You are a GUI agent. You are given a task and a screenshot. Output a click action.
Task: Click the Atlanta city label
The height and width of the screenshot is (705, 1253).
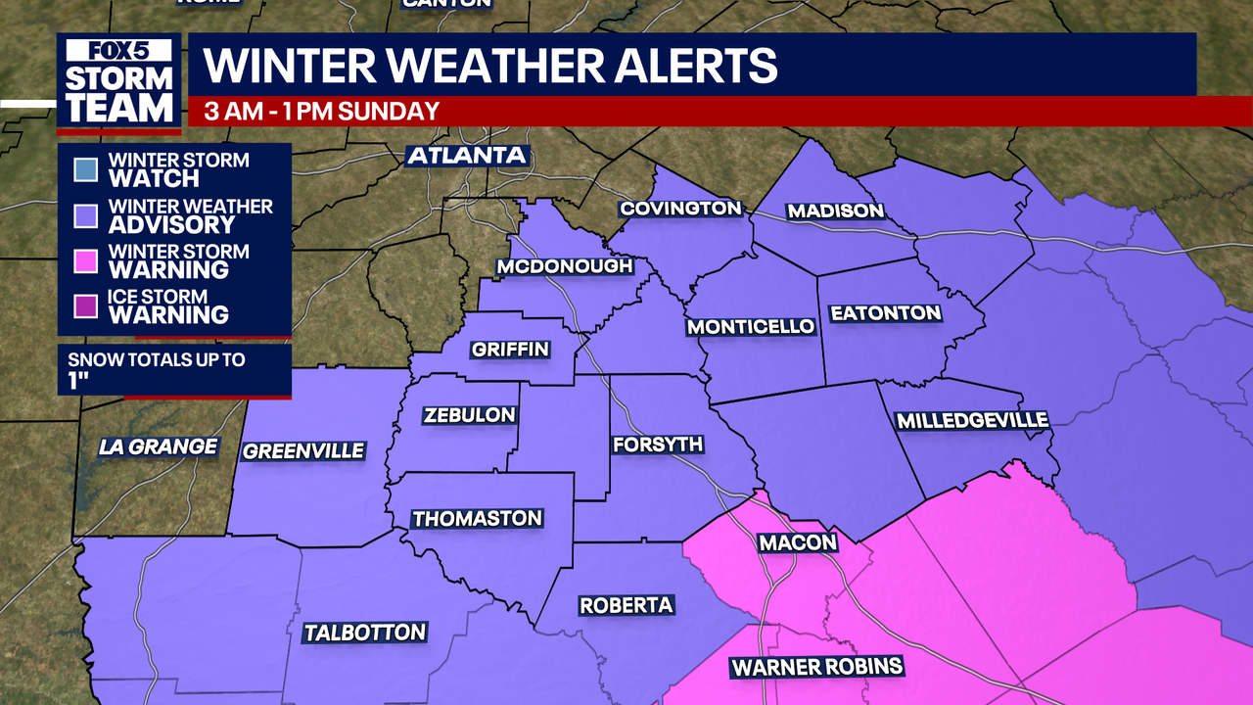467,156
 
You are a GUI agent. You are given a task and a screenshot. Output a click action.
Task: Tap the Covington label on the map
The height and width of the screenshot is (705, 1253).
680,209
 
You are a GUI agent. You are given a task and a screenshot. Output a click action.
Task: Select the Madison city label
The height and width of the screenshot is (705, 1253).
835,211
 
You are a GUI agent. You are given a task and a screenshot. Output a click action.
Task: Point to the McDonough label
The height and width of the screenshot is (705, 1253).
565,266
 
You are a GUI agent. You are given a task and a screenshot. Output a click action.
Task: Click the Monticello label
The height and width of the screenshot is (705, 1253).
751,327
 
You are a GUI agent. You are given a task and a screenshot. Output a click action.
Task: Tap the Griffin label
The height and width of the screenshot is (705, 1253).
510,350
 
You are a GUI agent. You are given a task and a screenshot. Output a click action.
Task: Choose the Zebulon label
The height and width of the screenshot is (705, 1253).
469,415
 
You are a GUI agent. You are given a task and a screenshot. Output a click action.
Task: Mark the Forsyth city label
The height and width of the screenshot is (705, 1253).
657,445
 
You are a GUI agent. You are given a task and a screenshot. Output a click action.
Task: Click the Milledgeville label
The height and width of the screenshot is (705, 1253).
972,420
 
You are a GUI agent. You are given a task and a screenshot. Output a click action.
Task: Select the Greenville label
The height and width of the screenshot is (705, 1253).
303,451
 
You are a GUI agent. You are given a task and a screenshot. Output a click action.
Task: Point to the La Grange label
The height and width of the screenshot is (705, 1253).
158,446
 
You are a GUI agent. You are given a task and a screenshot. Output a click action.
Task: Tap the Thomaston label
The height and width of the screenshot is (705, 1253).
477,518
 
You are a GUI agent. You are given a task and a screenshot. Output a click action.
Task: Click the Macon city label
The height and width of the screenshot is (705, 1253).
798,542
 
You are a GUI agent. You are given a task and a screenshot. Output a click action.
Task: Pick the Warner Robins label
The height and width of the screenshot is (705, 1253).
816,669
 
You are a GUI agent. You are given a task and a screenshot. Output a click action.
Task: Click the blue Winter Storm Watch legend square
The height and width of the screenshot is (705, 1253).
85,170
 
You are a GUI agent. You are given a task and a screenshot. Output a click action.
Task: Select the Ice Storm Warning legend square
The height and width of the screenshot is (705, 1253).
85,306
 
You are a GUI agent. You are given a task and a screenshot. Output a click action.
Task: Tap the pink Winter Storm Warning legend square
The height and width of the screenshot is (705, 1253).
85,261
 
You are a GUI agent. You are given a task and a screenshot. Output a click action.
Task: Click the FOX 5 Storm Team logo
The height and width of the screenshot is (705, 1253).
118,83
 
